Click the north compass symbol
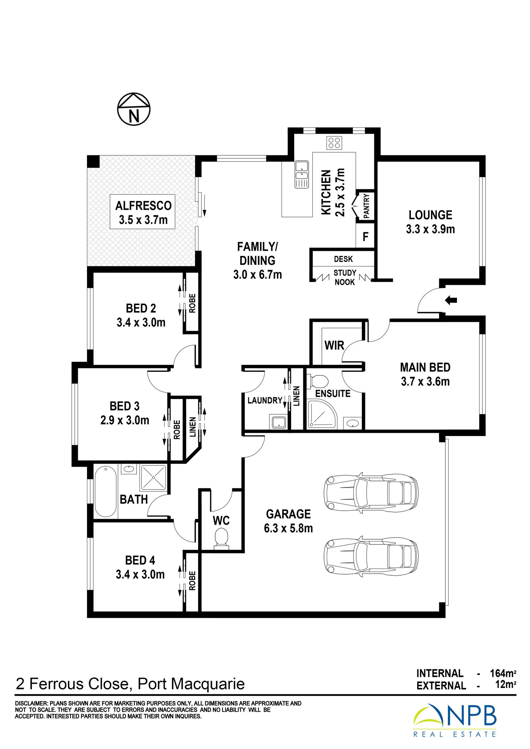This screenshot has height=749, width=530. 134,109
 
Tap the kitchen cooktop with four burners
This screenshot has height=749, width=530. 334,143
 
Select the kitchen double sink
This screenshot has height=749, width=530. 302,174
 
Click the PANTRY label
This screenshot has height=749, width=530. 366,206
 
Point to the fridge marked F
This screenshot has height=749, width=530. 365,236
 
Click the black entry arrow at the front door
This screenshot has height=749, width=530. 451,301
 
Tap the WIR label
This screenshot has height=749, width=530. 334,345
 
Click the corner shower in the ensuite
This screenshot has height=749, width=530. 322,414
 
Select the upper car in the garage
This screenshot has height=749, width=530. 371,493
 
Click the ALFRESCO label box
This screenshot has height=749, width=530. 142,212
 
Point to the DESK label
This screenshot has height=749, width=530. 343,259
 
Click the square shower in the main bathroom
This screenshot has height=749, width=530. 154,478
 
